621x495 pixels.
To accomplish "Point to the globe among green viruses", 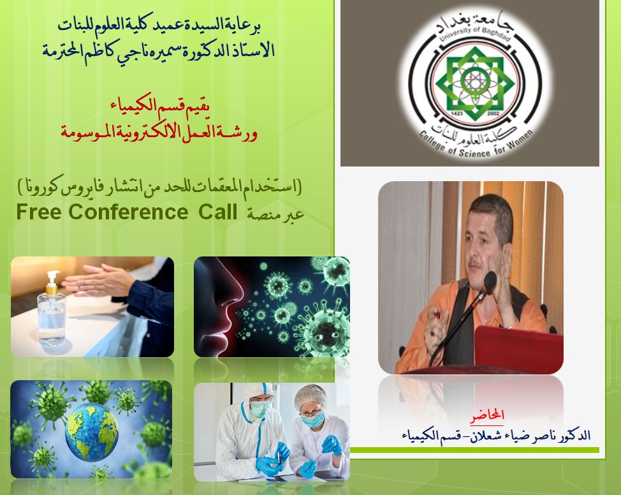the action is point(91,432).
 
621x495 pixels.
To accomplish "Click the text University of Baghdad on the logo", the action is point(474,33).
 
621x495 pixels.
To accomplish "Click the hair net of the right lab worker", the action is point(310,395).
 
